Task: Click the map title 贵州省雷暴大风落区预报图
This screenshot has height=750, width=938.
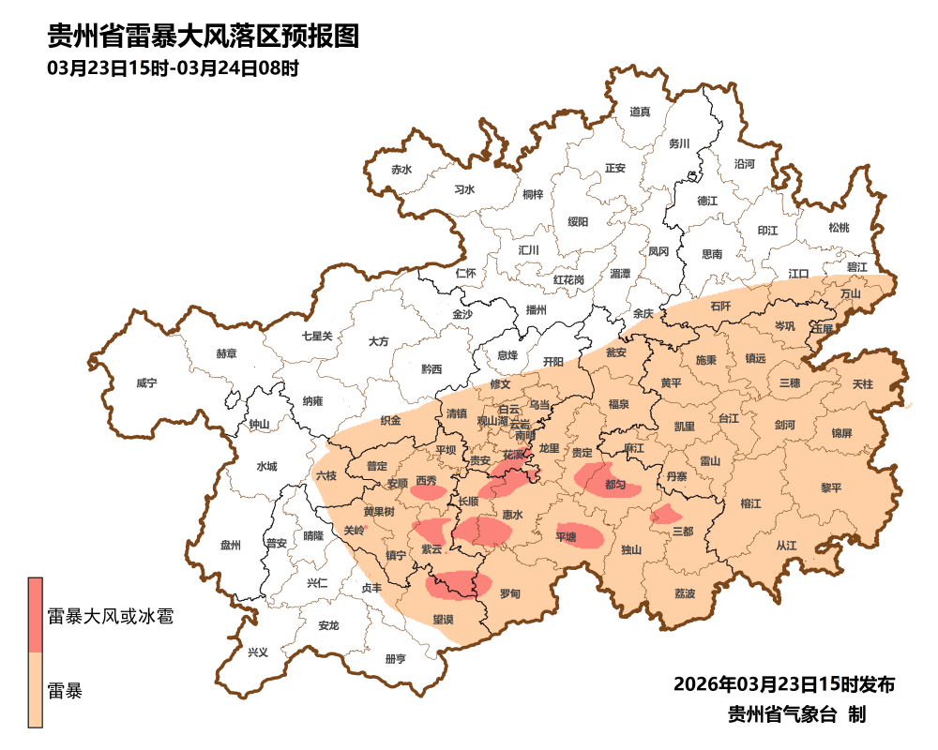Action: (204, 37)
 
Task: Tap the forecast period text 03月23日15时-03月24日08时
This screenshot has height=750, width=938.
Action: (173, 68)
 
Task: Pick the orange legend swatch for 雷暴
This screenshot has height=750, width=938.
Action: (36, 692)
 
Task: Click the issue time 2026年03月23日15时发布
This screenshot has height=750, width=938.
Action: (784, 683)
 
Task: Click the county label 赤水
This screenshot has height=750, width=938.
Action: (401, 170)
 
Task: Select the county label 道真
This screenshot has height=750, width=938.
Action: (640, 112)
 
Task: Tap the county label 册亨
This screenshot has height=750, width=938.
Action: (396, 659)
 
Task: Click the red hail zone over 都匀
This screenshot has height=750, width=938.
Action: (605, 480)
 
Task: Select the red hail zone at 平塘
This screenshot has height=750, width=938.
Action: (579, 533)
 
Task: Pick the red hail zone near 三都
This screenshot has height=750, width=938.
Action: (666, 514)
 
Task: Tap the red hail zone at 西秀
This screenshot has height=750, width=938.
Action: (428, 488)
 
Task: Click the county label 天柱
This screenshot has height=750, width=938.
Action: (862, 384)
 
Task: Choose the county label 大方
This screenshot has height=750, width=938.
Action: (379, 342)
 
